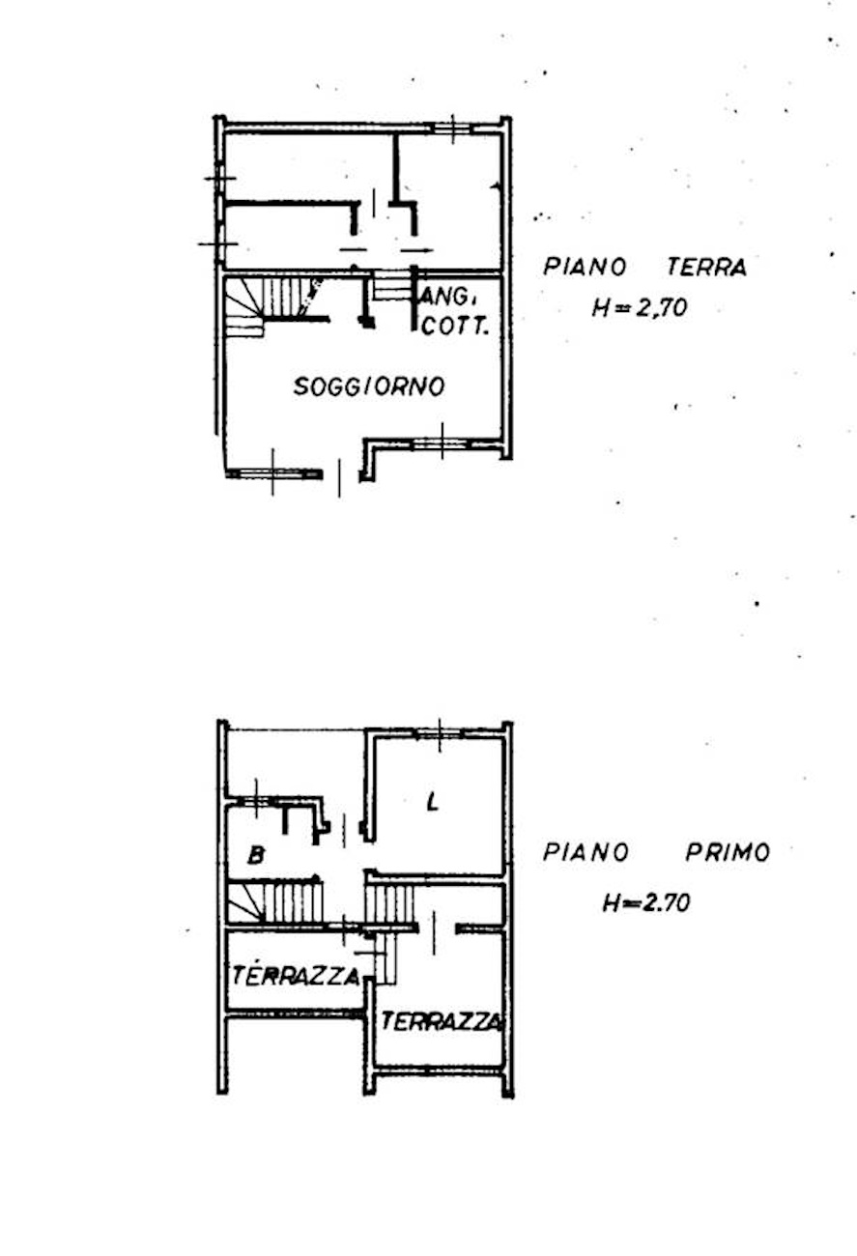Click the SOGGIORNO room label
[x=370, y=386]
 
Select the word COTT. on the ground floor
[x=454, y=327]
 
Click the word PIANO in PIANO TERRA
[x=585, y=267]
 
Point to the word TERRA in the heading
[x=706, y=268]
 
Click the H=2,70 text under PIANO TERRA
[x=640, y=308]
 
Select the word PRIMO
[x=728, y=853]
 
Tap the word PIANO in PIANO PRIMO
[x=586, y=853]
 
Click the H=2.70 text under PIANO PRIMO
[x=646, y=903]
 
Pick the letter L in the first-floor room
[x=432, y=802]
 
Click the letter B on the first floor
[x=256, y=856]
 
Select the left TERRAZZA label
[x=296, y=976]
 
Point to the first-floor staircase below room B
[x=274, y=902]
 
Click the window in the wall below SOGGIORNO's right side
[x=442, y=443]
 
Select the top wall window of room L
[x=440, y=733]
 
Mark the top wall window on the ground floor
[x=453, y=128]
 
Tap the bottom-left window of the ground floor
[x=273, y=473]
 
